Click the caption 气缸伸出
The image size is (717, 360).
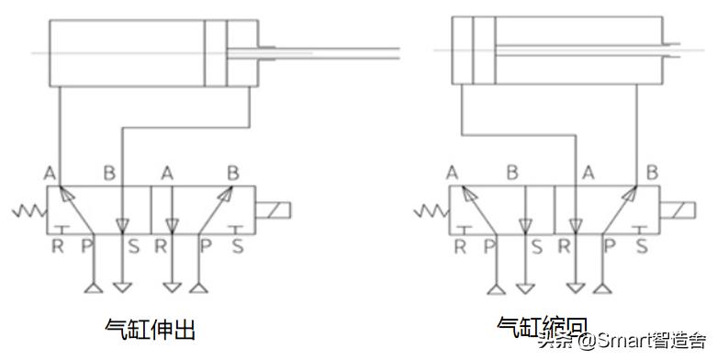pos(151,328)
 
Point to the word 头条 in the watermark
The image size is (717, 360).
pos(555,341)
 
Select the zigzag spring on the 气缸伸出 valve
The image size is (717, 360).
pos(28,213)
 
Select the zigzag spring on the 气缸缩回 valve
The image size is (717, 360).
pos(429,213)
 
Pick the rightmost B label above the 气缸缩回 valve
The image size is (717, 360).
pos(651,172)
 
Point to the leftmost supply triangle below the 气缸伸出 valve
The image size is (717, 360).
pos(91,289)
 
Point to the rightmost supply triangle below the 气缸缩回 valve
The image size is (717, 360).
pos(601,289)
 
